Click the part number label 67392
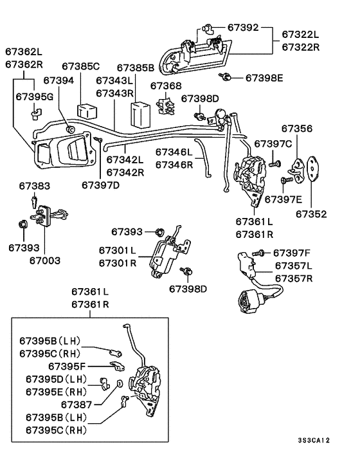243,28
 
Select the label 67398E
264,78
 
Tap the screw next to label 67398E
225,77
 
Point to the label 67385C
80,66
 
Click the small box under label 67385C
87,111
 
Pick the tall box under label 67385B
141,114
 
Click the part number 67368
166,86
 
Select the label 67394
59,80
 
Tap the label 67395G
35,96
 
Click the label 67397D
100,185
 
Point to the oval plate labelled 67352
312,168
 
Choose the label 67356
297,129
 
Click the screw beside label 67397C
274,164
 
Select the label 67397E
283,199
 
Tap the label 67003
45,260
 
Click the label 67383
35,186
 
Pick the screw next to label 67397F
258,253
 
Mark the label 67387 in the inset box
76,404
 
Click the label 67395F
67,367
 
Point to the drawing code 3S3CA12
314,440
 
